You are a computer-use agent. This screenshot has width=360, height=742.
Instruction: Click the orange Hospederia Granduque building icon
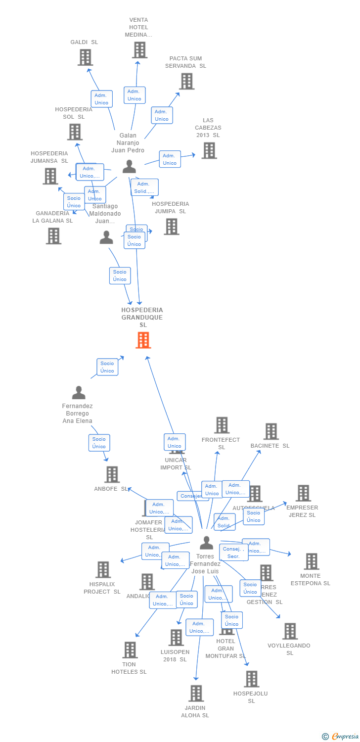coord(143,340)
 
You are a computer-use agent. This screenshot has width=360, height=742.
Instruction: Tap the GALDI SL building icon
coord(85,57)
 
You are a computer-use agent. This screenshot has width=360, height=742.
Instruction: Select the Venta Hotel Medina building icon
coord(139,50)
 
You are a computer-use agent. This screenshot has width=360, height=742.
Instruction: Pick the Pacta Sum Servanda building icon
coord(186,81)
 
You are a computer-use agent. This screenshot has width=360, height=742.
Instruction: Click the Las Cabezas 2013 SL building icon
coord(209,150)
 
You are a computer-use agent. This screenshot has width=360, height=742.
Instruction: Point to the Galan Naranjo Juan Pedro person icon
coord(129,166)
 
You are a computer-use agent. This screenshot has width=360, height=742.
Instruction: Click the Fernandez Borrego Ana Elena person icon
coord(79,393)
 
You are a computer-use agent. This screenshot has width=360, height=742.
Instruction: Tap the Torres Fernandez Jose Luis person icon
coord(206,543)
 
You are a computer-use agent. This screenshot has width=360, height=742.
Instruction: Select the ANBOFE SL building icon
coord(112,474)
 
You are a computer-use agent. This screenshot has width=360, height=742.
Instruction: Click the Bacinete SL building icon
coord(271,431)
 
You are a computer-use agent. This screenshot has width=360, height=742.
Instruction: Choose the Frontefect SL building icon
coord(222,425)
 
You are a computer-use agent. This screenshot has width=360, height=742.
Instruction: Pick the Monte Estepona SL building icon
coord(311,561)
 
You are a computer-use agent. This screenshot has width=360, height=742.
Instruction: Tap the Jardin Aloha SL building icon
coord(196,694)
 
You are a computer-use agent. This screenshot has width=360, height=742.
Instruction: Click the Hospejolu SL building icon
coord(251,679)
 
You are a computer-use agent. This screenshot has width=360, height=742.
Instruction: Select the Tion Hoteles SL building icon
coord(130,650)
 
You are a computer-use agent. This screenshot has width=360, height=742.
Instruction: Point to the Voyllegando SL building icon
coord(290,631)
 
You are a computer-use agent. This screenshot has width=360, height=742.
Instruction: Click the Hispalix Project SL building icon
coord(103,570)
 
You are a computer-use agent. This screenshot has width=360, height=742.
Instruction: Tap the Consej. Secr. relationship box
coord(233,553)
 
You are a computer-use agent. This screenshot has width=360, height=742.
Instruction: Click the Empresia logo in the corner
coord(340,737)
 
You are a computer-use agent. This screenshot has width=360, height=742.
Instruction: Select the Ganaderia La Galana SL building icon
coord(53,236)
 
